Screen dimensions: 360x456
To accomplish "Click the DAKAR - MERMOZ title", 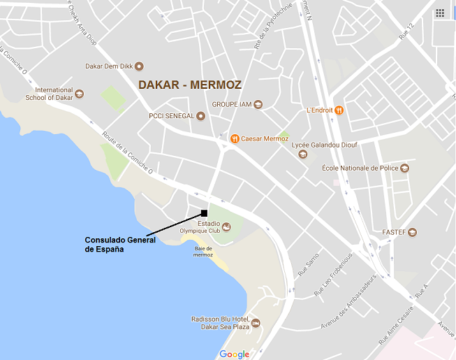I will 190,85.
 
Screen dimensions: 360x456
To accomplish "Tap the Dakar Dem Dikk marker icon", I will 139,66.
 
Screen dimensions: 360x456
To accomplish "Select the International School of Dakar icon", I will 80,94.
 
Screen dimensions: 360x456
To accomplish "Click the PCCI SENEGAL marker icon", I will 201,116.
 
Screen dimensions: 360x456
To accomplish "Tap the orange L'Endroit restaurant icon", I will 339,110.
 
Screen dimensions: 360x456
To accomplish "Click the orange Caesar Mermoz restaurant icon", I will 235,138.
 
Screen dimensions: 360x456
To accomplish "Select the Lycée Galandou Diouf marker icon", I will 302,154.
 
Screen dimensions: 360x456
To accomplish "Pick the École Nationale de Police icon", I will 404,168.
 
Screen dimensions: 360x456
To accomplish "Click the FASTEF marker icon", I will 413,232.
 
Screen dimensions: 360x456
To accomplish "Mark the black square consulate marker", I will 204,213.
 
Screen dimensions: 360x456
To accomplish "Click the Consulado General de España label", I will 115,245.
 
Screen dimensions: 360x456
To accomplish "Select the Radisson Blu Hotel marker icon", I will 256,323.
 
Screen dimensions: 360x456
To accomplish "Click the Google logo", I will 234,354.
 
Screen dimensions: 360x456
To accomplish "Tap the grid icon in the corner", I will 440,13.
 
